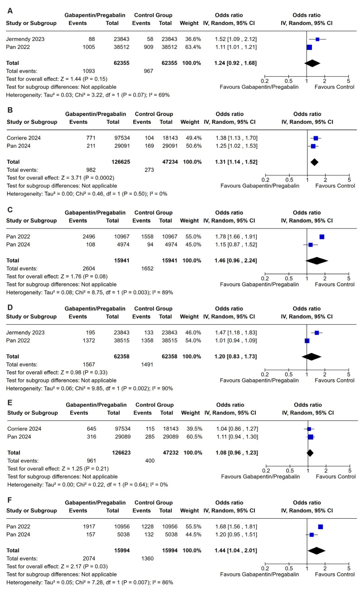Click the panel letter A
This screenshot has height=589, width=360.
tap(8, 6)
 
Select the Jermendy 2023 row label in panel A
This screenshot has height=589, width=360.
tap(22, 39)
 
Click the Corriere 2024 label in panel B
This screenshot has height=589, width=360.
tap(22, 138)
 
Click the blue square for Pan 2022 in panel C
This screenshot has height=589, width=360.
tap(322, 237)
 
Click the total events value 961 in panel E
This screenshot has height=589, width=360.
tap(78, 460)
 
